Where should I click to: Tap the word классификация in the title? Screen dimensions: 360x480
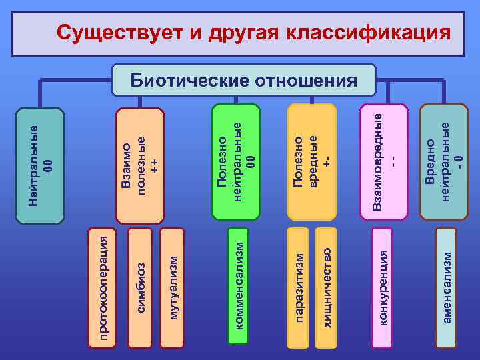(x=367, y=32)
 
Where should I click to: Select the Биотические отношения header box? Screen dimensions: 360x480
(x=243, y=81)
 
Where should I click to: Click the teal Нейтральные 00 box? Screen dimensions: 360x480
(x=39, y=164)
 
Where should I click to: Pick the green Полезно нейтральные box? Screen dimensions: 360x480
(x=235, y=161)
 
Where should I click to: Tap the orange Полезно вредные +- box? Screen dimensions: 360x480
(x=311, y=161)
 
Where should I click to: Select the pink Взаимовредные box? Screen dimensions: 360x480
(x=383, y=161)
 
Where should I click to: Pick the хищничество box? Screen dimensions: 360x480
(x=326, y=287)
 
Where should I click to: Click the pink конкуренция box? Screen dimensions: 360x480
(x=383, y=287)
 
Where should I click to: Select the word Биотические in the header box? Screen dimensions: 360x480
(x=188, y=81)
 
